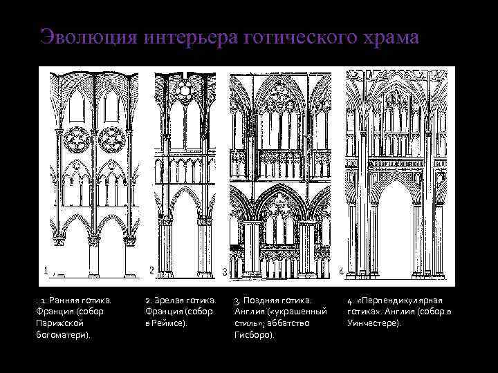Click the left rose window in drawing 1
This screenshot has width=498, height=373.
pyautogui.click(x=76, y=141)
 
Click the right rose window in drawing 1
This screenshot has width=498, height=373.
pyautogui.click(x=112, y=141)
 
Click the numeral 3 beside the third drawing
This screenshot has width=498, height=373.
pyautogui.click(x=225, y=273)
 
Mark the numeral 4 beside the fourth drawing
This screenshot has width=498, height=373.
pyautogui.click(x=342, y=269)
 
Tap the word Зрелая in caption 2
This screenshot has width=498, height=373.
pyautogui.click(x=169, y=300)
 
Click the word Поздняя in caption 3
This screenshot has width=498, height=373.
pyautogui.click(x=261, y=300)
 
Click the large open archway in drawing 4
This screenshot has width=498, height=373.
pyautogui.click(x=398, y=235)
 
